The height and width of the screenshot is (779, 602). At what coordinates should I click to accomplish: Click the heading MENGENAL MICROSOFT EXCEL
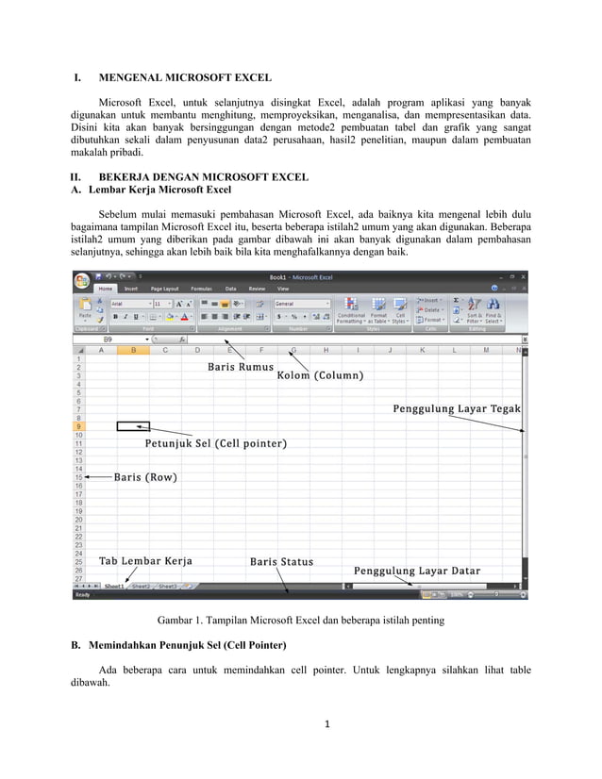[x=185, y=77]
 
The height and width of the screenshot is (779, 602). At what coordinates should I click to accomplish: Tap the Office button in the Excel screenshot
[x=83, y=280]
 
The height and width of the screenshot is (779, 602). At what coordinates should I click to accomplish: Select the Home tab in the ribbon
[x=105, y=289]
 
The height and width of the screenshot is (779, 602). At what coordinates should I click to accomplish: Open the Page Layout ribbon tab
[x=164, y=289]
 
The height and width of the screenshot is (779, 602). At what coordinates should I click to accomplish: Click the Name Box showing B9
[x=109, y=339]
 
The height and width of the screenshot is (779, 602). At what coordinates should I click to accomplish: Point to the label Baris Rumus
[x=241, y=367]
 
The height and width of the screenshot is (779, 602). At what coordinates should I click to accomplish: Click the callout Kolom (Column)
[x=320, y=375]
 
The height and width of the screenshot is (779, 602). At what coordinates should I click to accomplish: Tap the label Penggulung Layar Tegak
[x=457, y=409]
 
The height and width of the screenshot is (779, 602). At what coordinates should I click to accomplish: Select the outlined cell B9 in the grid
[x=133, y=426]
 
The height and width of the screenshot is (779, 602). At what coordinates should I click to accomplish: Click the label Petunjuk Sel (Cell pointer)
[x=215, y=443]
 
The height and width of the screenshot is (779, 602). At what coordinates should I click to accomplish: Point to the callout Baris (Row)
[x=145, y=477]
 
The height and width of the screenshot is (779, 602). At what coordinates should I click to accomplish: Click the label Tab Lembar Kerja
[x=145, y=561]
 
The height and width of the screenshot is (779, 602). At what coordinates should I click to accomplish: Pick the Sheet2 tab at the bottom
[x=141, y=586]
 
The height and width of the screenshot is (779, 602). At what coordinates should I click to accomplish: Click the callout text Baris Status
[x=281, y=562]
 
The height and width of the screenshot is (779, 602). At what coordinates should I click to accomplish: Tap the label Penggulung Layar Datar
[x=417, y=571]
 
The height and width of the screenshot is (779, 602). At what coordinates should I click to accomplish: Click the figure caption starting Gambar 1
[x=300, y=621]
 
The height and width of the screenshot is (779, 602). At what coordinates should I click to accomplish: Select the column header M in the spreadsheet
[x=485, y=350]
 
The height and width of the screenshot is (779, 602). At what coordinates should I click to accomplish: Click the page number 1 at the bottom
[x=325, y=725]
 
